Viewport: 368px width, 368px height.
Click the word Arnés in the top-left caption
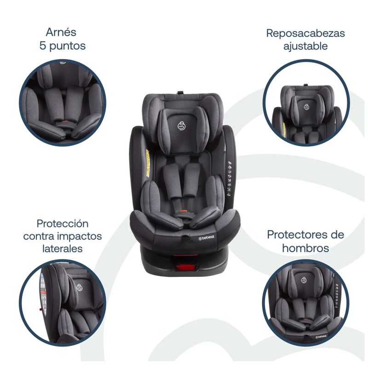61,32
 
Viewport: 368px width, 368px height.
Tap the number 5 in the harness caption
42,46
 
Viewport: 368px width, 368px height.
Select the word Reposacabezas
305,34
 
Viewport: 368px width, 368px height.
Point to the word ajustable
305,46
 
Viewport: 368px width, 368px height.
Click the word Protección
63,224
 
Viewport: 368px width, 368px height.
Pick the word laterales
63,248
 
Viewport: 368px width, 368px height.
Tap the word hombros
305,248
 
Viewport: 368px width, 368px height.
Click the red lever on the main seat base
186,267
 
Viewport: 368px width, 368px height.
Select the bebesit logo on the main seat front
206,238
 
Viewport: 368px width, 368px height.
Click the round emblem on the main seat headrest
181,126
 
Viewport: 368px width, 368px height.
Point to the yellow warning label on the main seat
148,163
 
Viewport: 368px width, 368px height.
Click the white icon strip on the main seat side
229,178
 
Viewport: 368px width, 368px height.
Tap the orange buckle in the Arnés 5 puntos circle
65,122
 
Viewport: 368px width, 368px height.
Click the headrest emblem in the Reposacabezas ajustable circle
306,107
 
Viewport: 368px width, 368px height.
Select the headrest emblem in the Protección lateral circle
79,287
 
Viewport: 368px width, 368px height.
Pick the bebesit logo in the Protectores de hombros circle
321,337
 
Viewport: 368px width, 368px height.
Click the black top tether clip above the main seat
180,93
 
